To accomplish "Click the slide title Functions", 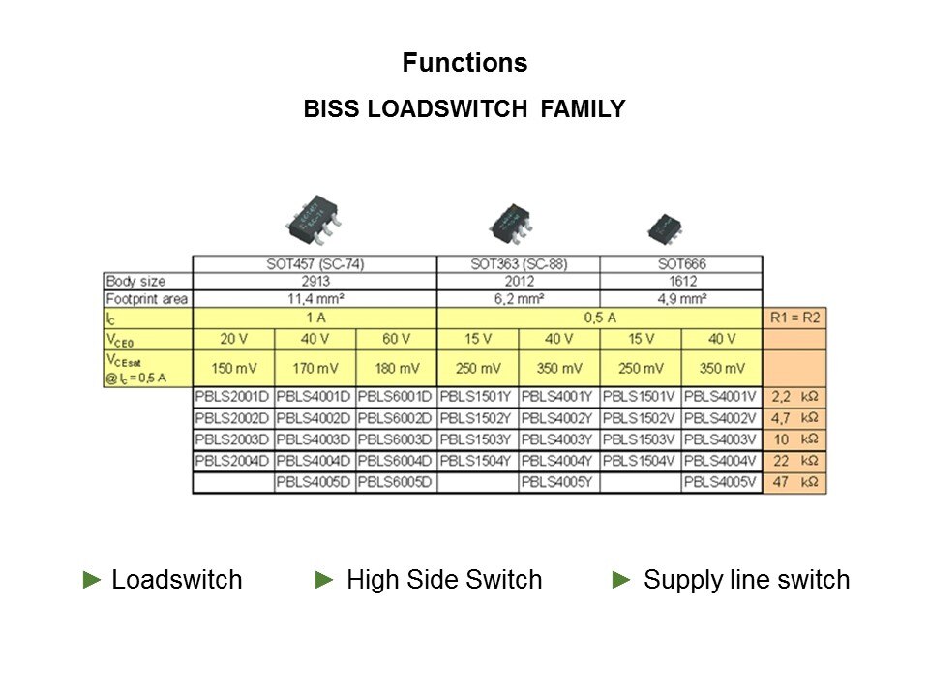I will coord(464,64).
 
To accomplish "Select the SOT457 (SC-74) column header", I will coord(315,264).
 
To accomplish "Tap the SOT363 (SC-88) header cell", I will coord(518,264).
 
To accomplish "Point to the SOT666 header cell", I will coord(680,264).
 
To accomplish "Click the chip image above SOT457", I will coord(312,220).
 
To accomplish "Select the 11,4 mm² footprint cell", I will coord(315,299).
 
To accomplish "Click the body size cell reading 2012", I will coord(518,282).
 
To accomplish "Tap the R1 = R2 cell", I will coord(794,317).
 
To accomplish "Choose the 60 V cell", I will coord(396,339).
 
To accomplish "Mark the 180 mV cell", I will coord(396,369).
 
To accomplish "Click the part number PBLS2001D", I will coord(233,397).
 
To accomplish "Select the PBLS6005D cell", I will coord(396,482).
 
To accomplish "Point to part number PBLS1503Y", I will coord(477,439).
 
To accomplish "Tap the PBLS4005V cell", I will coord(721,482).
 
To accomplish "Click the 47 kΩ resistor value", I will coord(794,482).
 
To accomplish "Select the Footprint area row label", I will coord(147,299).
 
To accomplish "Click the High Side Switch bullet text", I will coord(443,580).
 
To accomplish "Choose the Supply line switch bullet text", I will coord(746,580).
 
